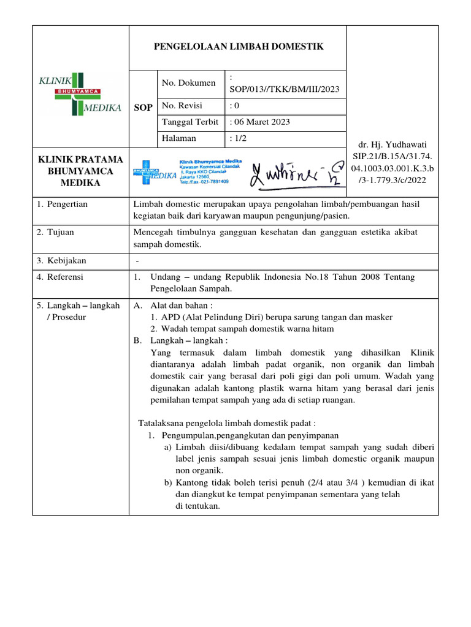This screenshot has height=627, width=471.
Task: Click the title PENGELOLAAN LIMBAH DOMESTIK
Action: point(237,47)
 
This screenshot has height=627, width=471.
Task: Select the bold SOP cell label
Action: point(143,108)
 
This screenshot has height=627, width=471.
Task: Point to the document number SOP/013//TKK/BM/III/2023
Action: point(284,89)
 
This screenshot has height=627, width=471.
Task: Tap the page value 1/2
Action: point(238,138)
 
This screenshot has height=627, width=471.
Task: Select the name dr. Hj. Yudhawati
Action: point(392,145)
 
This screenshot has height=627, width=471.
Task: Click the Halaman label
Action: point(179,138)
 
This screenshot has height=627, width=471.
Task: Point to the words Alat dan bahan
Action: point(180,305)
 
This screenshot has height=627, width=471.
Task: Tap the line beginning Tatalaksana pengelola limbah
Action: point(227,423)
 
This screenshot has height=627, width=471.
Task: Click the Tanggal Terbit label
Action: point(190,122)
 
